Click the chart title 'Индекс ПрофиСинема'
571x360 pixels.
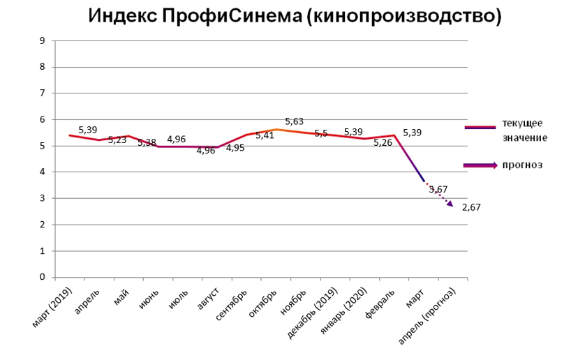click(x=295, y=16)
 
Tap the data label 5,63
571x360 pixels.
click(x=294, y=121)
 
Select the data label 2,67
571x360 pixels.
click(x=472, y=207)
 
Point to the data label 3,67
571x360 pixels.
click(x=438, y=189)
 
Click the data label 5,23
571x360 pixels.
click(x=118, y=140)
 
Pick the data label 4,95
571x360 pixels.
click(x=235, y=147)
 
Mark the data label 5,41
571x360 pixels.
click(x=265, y=135)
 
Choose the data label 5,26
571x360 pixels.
click(x=383, y=143)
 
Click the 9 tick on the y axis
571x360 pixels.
click(x=43, y=41)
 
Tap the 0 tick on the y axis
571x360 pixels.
click(x=43, y=277)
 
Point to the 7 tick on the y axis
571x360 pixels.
click(x=43, y=93)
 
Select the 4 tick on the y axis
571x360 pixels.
click(x=43, y=172)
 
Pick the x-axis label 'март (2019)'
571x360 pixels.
click(x=52, y=307)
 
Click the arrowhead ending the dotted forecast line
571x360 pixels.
click(x=450, y=204)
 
